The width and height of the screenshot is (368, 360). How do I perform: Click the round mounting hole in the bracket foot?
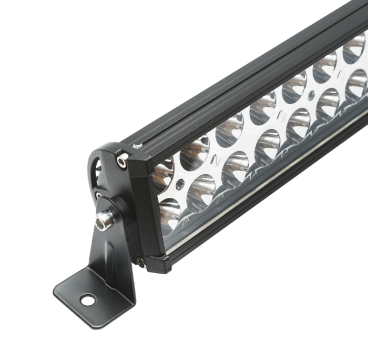pyautogui.click(x=87, y=301)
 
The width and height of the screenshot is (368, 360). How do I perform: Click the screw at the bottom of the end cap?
pyautogui.click(x=139, y=260)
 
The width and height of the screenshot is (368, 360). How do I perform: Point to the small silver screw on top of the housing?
pyautogui.click(x=137, y=146)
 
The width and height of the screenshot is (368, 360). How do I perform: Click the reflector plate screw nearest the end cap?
pyautogui.click(x=180, y=185)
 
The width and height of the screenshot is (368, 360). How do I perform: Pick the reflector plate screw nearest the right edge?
pyautogui.click(x=311, y=96)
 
